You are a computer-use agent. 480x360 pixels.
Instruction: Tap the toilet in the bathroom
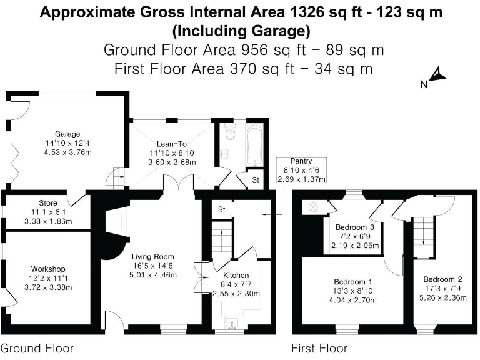[x=230, y=131]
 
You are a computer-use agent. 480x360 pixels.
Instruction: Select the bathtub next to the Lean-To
[x=254, y=145]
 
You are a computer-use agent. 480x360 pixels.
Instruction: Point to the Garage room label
[x=67, y=134]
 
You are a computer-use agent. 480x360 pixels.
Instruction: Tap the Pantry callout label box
[x=302, y=170]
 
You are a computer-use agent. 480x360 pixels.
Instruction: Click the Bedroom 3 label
[x=355, y=227]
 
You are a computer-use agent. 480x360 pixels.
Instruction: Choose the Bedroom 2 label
[x=442, y=279]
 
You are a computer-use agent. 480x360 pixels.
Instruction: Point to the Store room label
[x=47, y=202]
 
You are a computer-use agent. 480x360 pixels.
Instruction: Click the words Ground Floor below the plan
[x=37, y=348]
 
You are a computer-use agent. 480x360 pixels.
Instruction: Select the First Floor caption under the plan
[x=319, y=348]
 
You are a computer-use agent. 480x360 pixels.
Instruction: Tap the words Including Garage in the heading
[x=240, y=30]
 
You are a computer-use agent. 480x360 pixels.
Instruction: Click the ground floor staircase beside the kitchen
[x=219, y=239]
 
